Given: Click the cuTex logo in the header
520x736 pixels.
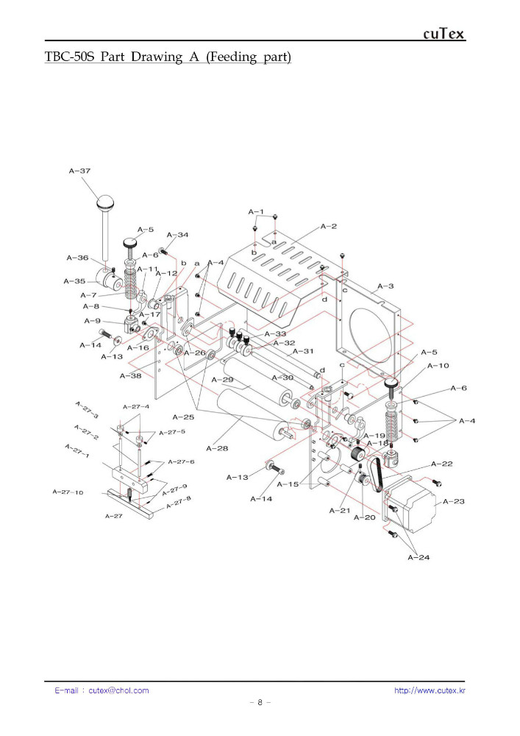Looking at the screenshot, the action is (444, 34).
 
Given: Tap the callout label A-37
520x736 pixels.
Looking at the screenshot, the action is (79, 171).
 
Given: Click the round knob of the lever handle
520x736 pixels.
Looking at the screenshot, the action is (105, 203).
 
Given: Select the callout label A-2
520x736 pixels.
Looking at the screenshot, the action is (329, 226).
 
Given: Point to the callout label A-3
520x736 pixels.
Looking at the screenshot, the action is (385, 286).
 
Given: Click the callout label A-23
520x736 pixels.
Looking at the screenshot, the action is (453, 501).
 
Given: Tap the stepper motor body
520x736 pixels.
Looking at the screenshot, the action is (410, 503).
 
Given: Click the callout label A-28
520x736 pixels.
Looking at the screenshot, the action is (217, 448).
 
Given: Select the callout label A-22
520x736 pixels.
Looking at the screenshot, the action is (442, 464).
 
